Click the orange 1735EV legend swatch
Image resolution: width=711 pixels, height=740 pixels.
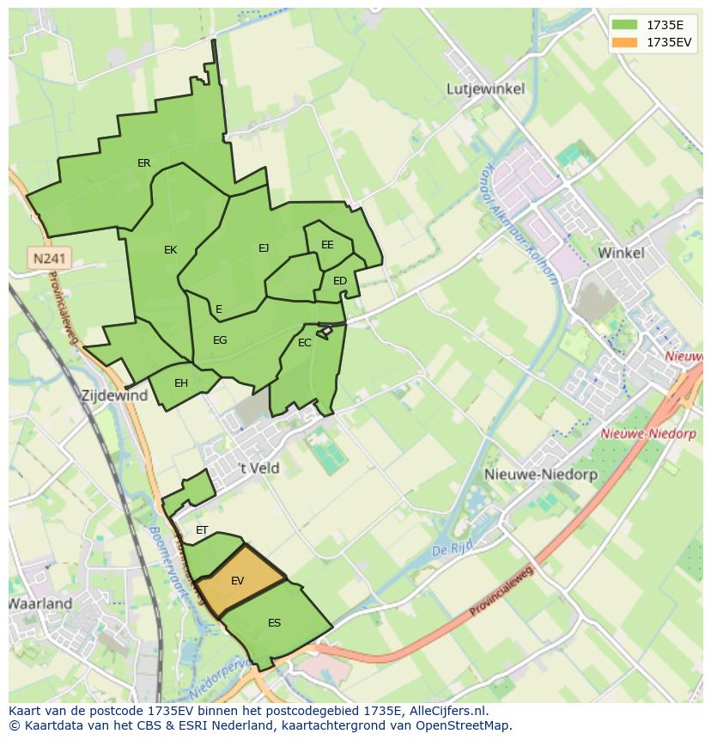(x=627, y=42)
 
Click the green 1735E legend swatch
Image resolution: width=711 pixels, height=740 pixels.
(x=627, y=25)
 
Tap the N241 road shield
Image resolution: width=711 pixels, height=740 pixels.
(x=50, y=258)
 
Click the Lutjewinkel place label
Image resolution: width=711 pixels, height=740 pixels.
(x=485, y=89)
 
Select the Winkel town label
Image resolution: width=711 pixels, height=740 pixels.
(x=621, y=253)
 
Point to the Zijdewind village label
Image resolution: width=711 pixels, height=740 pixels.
(x=113, y=396)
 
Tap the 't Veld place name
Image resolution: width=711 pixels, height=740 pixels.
(x=258, y=468)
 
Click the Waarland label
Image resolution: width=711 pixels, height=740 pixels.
(x=40, y=603)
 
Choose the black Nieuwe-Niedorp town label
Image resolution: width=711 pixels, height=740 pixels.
(x=529, y=474)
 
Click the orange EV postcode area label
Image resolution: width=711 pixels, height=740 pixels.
(x=238, y=581)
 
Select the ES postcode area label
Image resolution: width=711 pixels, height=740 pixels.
(x=274, y=623)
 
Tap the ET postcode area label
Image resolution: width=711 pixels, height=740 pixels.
(x=202, y=530)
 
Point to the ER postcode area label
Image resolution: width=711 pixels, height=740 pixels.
(x=143, y=163)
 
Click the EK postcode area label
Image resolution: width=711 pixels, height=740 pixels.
(x=170, y=250)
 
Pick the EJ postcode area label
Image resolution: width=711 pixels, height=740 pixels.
(x=264, y=248)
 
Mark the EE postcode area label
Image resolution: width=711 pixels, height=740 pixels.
(x=327, y=245)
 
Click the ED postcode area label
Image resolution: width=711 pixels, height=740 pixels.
(x=340, y=281)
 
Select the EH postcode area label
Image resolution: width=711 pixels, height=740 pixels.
(x=181, y=383)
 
